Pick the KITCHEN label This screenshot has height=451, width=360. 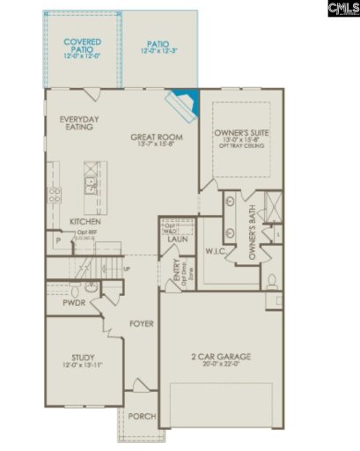(x=84, y=221)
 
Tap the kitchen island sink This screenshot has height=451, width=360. (x=91, y=183)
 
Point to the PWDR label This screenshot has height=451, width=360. (x=74, y=304)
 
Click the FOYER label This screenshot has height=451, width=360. (x=142, y=323)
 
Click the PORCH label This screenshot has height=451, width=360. (x=141, y=416)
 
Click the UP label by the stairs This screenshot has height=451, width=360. (x=127, y=269)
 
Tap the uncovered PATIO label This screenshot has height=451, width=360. (x=158, y=42)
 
